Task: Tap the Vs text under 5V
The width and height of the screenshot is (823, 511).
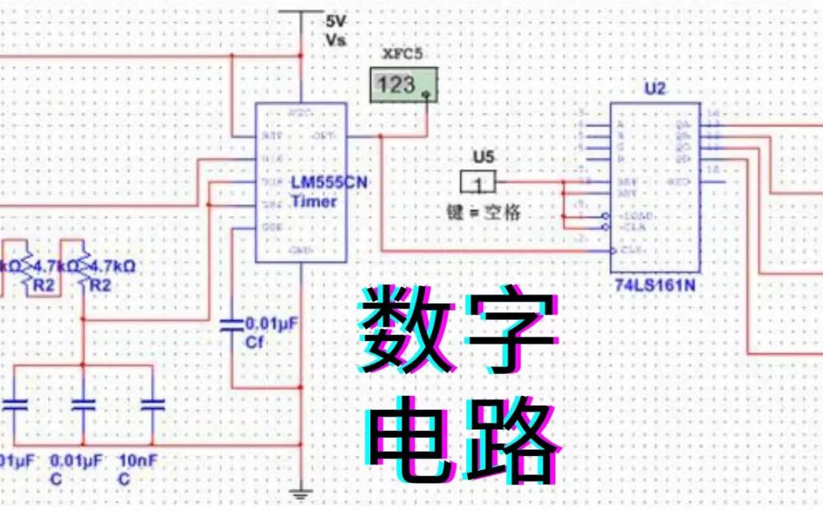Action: tap(335, 40)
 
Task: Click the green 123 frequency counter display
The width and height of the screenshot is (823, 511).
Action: tap(405, 85)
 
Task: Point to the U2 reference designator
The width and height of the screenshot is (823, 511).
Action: tap(655, 89)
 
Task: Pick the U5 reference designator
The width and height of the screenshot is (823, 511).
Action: tap(482, 158)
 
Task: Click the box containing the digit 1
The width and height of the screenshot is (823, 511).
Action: tap(478, 183)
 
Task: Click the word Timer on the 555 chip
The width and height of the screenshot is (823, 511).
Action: tap(313, 201)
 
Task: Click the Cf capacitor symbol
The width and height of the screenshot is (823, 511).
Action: tap(230, 326)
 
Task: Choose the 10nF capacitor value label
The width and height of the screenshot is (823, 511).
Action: tap(138, 461)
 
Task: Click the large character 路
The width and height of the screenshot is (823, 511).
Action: tap(511, 439)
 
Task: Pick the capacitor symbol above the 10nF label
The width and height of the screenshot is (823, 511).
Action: tap(152, 404)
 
